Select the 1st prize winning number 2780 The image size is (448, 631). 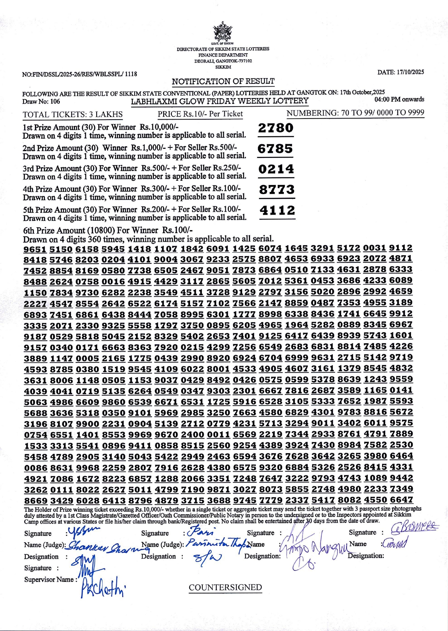click(x=276, y=128)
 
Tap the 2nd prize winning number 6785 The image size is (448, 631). click(x=275, y=149)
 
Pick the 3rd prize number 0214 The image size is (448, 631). click(x=276, y=169)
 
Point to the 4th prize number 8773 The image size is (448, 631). click(x=277, y=190)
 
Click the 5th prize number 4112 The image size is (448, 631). click(x=278, y=211)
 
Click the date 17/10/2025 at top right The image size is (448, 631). click(x=400, y=72)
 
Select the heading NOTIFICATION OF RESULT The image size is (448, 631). click(x=223, y=81)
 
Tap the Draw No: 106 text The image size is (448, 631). click(x=41, y=102)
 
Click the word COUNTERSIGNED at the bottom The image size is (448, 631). click(x=225, y=587)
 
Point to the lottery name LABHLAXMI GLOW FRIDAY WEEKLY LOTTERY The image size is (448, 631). click(x=220, y=101)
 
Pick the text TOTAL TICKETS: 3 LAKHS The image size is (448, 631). click(x=72, y=115)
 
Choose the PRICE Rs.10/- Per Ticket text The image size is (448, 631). click(x=200, y=114)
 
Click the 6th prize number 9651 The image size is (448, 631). click(x=35, y=249)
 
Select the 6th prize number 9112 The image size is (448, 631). click(x=401, y=248)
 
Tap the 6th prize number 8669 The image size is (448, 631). click(x=35, y=501)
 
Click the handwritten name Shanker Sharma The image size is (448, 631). click(x=103, y=547)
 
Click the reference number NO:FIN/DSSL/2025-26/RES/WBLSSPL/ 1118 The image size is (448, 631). click(x=80, y=74)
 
